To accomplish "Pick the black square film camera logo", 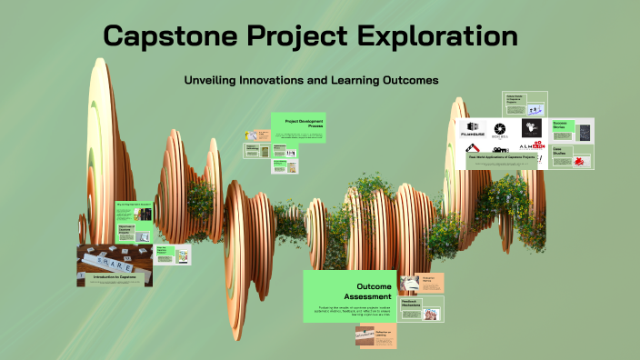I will [531, 128].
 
